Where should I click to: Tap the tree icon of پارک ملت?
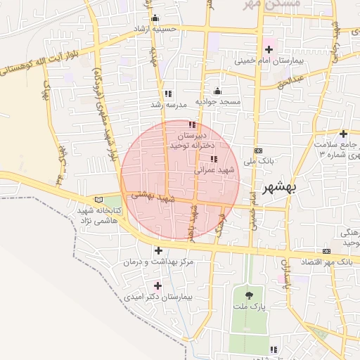(250, 294)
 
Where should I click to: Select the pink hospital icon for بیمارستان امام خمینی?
(268, 49)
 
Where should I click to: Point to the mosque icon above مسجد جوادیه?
(217, 91)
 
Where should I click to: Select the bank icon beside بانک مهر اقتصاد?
(327, 251)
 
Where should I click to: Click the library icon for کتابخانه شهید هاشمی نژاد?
(98, 199)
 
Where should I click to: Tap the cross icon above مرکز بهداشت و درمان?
(158, 250)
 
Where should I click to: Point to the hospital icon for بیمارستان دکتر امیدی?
(157, 285)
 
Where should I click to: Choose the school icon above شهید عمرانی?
(214, 159)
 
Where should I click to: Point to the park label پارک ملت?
(250, 307)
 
